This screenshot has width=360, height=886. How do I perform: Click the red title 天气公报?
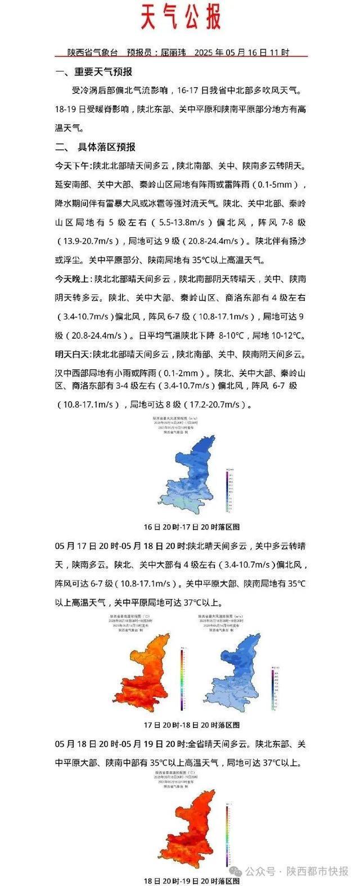click(x=181, y=17)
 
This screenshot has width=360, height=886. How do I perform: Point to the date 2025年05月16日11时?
click(x=242, y=52)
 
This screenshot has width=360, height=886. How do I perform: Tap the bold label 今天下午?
click(x=73, y=166)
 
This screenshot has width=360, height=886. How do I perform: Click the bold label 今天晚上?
click(x=73, y=279)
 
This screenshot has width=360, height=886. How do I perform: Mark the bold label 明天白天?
click(x=73, y=354)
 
